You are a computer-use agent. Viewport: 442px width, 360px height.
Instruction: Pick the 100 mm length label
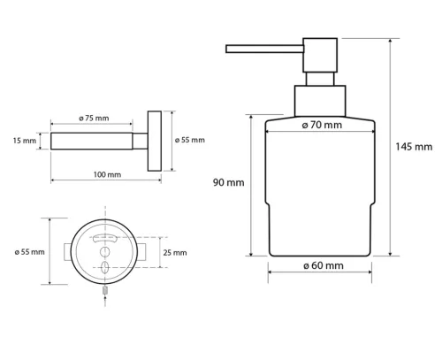[x=106, y=174]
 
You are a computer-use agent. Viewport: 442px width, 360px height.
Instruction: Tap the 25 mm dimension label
[x=175, y=252]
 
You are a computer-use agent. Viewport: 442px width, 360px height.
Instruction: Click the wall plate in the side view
[x=155, y=141]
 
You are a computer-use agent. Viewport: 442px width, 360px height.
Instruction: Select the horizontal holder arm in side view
[x=97, y=141]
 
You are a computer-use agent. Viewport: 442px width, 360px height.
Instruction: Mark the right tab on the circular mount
[x=141, y=252]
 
